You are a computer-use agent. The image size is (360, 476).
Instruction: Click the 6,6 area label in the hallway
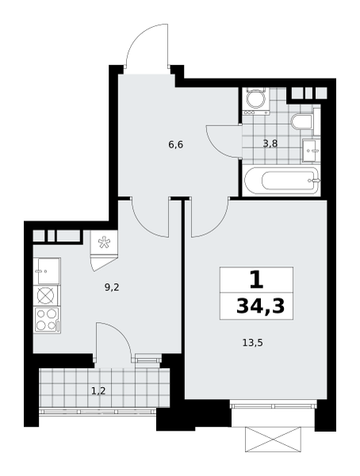(175, 144)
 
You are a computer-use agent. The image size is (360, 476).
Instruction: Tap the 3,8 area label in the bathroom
(270, 144)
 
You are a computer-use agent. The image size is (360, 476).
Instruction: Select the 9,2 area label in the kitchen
(112, 288)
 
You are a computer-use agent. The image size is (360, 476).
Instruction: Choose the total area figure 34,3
(260, 306)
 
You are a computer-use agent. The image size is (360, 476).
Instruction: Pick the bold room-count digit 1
(255, 279)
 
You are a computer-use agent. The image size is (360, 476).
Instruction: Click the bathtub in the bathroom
(281, 181)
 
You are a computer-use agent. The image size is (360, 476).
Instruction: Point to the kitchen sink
(47, 270)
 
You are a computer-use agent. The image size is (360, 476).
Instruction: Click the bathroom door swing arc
(223, 143)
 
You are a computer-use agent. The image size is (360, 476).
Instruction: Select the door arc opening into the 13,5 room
(209, 219)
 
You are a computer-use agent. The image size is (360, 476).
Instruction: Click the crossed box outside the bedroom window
(272, 439)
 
